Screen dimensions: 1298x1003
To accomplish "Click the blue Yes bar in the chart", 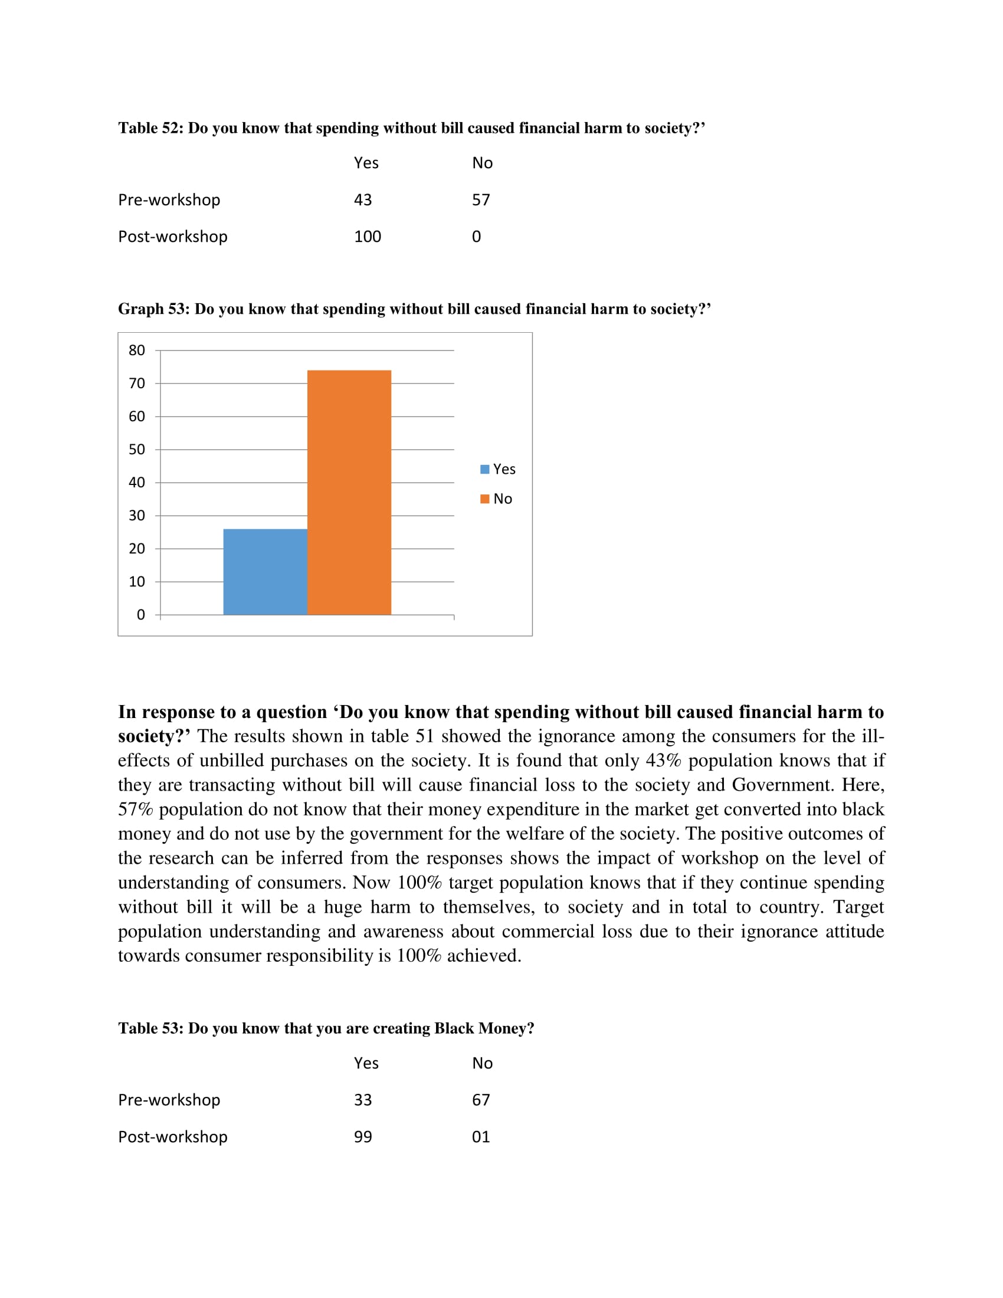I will pos(265,571).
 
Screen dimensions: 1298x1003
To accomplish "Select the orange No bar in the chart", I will pos(349,492).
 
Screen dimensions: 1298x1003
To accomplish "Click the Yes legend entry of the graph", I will pos(498,469).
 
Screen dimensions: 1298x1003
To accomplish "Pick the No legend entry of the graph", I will pos(497,499).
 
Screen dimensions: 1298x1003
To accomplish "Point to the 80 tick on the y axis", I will pos(137,350).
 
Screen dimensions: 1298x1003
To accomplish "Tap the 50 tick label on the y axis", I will pos(137,450).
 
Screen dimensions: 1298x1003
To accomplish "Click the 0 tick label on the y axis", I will pos(140,615).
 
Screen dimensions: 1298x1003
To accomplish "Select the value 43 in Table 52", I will pos(362,199).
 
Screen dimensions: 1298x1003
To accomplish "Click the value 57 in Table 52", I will pos(481,199).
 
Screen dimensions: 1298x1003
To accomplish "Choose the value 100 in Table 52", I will pos(367,237).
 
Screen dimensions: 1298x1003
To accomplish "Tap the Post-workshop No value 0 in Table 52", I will pos(476,237).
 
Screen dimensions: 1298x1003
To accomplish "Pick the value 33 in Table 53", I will pos(362,1100).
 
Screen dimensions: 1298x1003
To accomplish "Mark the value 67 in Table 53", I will pos(481,1100).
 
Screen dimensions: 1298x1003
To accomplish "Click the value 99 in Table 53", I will pos(362,1136).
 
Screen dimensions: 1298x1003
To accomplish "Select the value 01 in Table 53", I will pos(481,1136).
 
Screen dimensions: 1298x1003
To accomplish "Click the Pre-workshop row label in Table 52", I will pos(169,199).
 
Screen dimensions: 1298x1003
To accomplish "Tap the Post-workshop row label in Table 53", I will pos(172,1136).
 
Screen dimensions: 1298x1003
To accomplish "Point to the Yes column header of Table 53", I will pos(366,1063).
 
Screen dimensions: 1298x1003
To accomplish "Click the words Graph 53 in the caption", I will pos(152,309).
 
